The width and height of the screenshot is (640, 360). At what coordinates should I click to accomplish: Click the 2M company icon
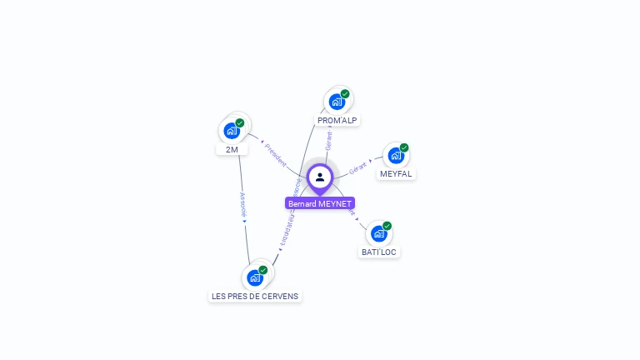232,131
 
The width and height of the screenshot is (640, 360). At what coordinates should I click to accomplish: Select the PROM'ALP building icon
337,102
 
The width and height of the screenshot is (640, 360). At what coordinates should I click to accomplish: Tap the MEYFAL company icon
396,155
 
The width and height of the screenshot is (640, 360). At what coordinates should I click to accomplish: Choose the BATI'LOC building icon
379,233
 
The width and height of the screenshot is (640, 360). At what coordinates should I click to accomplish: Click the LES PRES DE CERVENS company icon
255,277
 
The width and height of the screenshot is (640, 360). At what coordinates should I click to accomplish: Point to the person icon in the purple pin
320,177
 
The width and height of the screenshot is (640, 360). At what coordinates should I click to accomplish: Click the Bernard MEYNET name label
320,203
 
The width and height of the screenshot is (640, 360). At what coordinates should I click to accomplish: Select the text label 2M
232,150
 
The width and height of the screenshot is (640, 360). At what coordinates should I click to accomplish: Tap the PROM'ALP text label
337,121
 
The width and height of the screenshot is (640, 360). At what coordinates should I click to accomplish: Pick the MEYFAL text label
396,174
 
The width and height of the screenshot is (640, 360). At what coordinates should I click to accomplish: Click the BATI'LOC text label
379,252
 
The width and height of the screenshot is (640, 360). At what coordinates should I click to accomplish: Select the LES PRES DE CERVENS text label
255,296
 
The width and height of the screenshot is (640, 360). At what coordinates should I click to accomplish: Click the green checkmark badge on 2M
240,123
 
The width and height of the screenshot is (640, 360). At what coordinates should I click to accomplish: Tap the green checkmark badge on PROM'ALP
345,94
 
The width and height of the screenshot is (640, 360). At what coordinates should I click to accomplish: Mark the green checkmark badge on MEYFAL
404,147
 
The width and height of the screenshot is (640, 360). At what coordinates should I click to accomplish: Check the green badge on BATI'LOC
387,226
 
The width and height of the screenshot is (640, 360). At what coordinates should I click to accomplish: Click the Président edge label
276,153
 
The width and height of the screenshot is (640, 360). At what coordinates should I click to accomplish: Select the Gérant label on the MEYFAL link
359,166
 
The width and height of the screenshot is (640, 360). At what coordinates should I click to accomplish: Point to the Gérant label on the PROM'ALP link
328,141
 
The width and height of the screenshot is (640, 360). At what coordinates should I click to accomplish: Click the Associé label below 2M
242,205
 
